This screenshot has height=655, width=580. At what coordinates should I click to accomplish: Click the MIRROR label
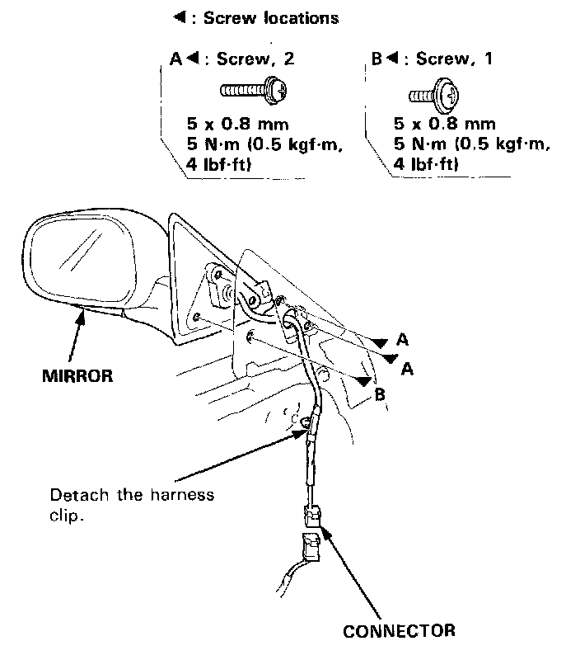(x=76, y=375)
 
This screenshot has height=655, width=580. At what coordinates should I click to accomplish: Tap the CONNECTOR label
(x=399, y=631)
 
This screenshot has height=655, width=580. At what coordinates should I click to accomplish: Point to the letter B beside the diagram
(x=379, y=394)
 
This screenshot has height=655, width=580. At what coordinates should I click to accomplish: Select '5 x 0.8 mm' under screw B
(x=445, y=125)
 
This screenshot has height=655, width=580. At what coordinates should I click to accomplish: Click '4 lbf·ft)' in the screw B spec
(x=427, y=165)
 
